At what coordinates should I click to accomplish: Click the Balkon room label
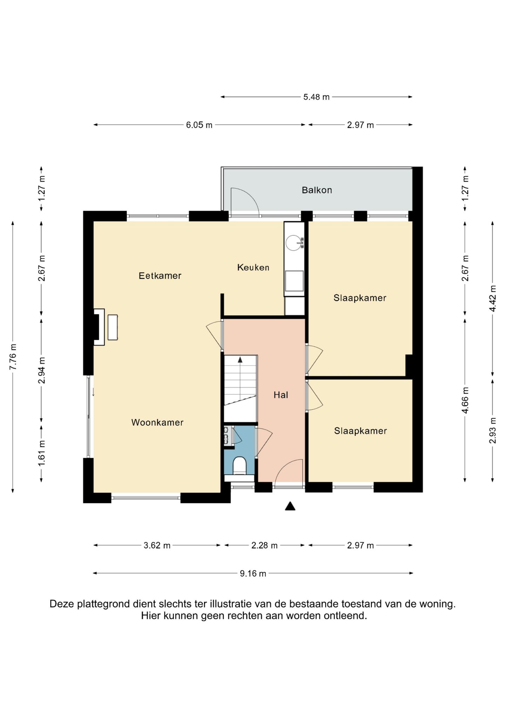(317, 190)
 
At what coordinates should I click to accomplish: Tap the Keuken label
(253, 268)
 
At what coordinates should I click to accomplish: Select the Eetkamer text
(160, 276)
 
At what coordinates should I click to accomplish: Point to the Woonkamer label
(157, 422)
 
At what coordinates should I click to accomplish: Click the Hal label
(281, 395)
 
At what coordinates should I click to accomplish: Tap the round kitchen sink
(294, 243)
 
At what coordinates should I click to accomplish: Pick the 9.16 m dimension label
(253, 573)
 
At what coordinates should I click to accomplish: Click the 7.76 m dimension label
(13, 357)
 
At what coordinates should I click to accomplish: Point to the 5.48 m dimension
(316, 97)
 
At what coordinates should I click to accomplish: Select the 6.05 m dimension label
(199, 125)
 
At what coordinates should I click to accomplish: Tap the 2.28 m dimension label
(264, 545)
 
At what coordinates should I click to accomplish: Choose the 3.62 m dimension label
(157, 545)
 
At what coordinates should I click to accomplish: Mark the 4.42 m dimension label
(493, 298)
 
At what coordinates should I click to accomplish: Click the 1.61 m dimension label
(41, 454)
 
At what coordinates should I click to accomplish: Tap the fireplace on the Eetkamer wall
(99, 327)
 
